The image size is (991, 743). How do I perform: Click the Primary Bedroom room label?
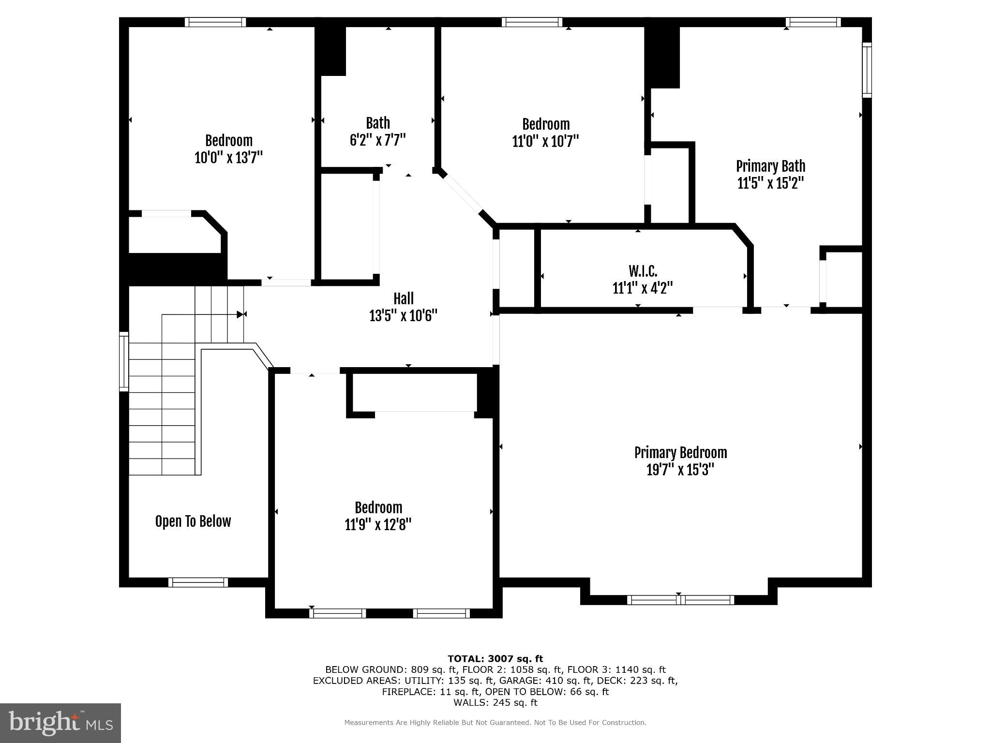coord(680,453)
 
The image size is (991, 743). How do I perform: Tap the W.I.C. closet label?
coord(643,270)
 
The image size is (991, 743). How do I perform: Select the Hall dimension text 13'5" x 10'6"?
coord(403,316)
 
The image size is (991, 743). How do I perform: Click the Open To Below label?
coord(193,521)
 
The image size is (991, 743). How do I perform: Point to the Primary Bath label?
coord(770,166)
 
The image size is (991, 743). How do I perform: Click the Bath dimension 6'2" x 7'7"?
coord(377,140)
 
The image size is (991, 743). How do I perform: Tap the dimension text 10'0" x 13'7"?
coord(228,158)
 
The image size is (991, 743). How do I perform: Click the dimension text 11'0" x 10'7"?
coord(545,141)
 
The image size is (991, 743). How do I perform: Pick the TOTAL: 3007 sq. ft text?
coord(495,658)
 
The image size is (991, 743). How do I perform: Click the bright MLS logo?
coord(60,723)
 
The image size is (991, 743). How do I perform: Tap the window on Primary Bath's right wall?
coord(867,70)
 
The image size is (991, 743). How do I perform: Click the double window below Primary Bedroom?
coord(680,600)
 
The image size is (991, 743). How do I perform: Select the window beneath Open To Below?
coord(198,582)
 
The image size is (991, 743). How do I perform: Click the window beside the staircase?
coord(124,361)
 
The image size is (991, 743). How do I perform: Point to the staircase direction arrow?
coord(240,314)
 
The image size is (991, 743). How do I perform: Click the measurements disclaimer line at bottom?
coord(495,723)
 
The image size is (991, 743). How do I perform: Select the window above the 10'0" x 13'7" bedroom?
coord(215,22)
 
